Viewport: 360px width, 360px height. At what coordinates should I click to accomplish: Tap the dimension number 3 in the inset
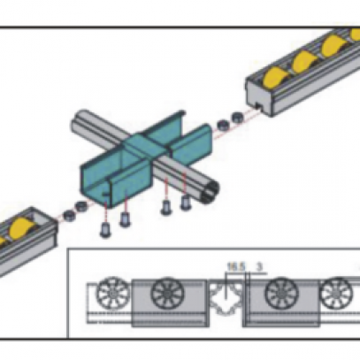(x=259, y=267)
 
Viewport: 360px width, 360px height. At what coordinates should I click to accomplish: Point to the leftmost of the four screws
(x=105, y=230)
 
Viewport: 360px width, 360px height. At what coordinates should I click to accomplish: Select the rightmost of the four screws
(x=185, y=203)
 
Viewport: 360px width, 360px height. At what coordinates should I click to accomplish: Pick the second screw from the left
(x=125, y=219)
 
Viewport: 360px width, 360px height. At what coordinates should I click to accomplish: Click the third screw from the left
(x=166, y=208)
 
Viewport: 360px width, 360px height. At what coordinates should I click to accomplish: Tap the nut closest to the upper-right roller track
(x=237, y=118)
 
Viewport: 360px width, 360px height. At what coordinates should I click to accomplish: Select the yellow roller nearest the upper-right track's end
(x=275, y=77)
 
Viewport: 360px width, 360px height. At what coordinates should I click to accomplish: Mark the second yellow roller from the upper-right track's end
(x=304, y=61)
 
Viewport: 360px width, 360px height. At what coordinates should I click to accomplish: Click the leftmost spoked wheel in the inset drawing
(x=113, y=294)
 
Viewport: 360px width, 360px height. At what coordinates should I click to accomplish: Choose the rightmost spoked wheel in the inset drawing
(x=335, y=294)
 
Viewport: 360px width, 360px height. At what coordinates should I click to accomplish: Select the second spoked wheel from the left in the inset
(x=167, y=294)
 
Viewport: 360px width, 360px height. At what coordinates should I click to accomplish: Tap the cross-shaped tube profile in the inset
(x=226, y=296)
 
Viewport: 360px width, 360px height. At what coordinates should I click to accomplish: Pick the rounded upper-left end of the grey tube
(x=77, y=121)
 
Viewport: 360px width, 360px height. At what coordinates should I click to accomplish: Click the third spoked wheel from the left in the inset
(x=281, y=294)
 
